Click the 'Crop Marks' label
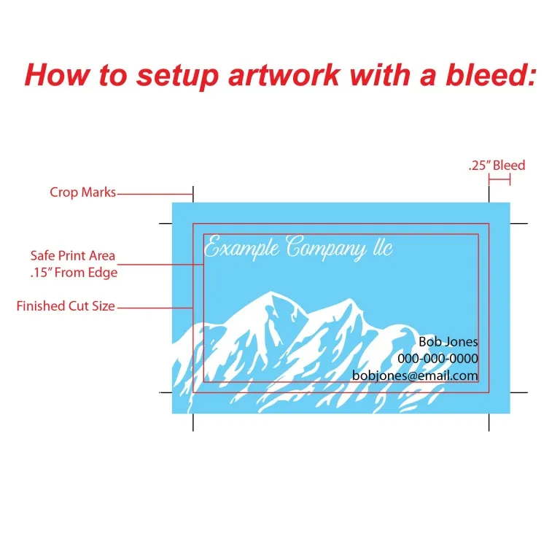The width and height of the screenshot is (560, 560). click(x=82, y=192)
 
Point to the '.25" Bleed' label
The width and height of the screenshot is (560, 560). click(x=497, y=166)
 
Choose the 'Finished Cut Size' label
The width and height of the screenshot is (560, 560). click(x=66, y=306)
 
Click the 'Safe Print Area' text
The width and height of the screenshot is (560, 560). click(x=72, y=256)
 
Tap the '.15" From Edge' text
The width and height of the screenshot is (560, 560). click(x=74, y=273)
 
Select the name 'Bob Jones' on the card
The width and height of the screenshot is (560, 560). click(x=448, y=341)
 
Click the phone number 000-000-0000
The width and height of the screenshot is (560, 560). click(x=437, y=359)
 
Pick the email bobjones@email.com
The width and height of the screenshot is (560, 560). click(x=415, y=376)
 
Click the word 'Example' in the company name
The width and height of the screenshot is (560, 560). click(x=241, y=248)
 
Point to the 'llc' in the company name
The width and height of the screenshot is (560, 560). click(x=383, y=248)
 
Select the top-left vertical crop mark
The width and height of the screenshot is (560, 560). click(x=193, y=193)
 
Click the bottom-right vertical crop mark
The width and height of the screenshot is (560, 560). click(x=489, y=422)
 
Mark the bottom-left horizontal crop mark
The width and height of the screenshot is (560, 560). click(x=165, y=392)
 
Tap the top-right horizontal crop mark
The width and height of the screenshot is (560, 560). click(x=518, y=223)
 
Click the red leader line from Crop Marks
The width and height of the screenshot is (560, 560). click(x=153, y=194)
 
